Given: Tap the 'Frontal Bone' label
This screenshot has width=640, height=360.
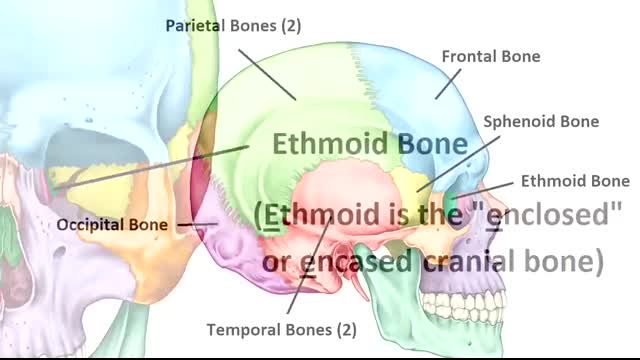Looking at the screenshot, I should [x=491, y=57].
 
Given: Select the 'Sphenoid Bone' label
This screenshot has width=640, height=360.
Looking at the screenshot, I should [x=541, y=122].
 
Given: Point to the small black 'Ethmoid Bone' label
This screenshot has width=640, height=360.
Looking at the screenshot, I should [x=575, y=181].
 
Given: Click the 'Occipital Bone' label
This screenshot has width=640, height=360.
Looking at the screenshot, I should [x=111, y=225].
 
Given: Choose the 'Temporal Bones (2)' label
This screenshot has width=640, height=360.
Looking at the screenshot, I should [x=280, y=328].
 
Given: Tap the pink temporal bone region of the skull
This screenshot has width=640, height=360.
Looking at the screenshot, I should [x=330, y=195].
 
